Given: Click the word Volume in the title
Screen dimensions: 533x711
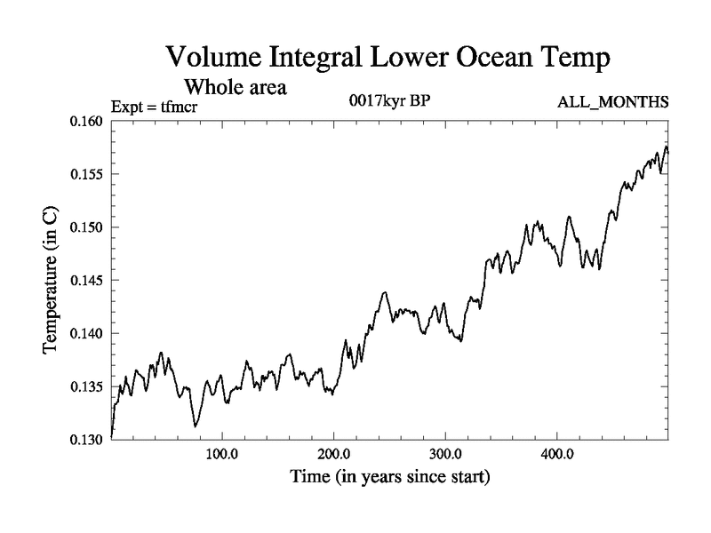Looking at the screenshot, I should click(215, 59).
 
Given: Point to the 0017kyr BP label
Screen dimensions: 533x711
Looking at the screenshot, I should click(390, 100).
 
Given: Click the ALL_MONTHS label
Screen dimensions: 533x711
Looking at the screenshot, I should click(612, 102).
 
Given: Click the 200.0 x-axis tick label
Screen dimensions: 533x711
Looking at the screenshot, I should click(333, 454).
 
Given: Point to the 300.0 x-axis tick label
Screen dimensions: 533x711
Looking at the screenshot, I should click(445, 454).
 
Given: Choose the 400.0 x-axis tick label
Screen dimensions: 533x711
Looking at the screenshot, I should click(557, 454).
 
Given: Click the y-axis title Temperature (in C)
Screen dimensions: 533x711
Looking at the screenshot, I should click(52, 281).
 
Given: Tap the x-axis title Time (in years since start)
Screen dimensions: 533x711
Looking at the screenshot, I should click(389, 478).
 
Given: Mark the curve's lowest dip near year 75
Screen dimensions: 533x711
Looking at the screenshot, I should click(195, 426).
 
